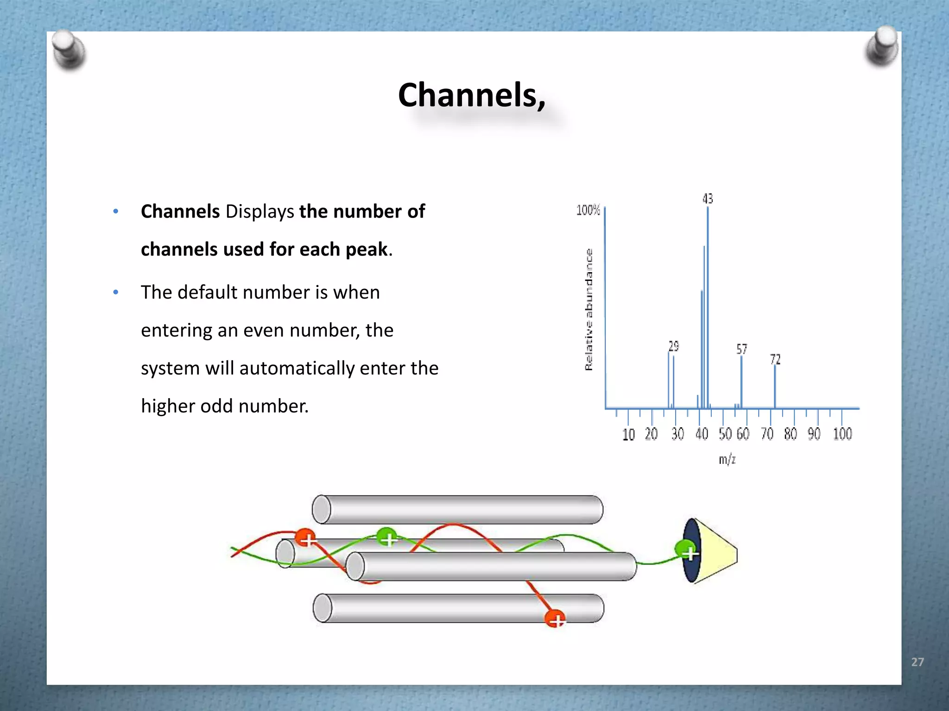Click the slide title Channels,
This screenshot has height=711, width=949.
[472, 95]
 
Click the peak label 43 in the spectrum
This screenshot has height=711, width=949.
[708, 199]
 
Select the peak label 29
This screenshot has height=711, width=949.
[673, 346]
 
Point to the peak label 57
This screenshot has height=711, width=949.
[741, 349]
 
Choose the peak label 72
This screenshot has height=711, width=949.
[775, 360]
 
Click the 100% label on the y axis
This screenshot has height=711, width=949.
[588, 211]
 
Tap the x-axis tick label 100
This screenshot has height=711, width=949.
[842, 434]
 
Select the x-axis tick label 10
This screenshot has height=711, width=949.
[628, 435]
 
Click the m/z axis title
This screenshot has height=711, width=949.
[727, 460]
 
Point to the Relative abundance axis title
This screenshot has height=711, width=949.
[588, 310]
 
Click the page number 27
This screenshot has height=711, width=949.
[917, 662]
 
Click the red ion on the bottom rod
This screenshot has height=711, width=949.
[555, 619]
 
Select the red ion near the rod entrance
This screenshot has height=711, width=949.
[305, 538]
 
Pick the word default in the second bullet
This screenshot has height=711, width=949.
[207, 293]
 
